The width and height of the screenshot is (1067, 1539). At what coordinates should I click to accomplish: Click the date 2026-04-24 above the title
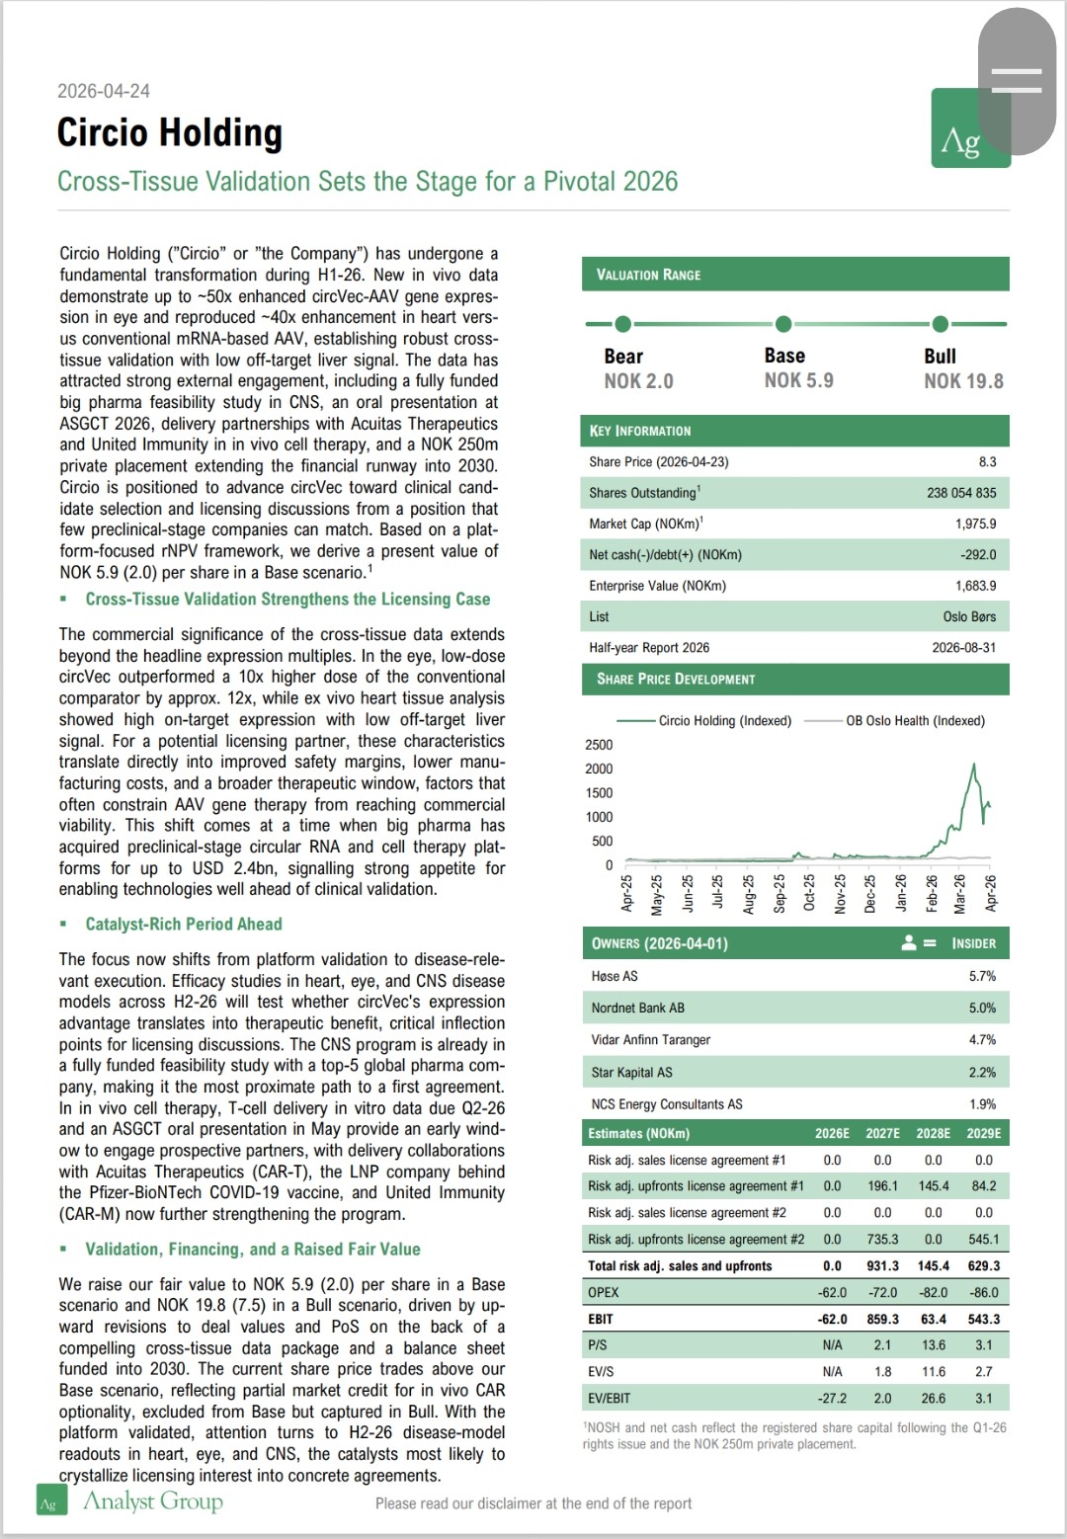104,91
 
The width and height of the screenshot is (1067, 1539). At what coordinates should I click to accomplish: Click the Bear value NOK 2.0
638,381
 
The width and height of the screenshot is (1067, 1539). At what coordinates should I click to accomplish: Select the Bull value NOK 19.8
963,381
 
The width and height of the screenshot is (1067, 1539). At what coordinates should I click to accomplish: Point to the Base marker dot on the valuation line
783,324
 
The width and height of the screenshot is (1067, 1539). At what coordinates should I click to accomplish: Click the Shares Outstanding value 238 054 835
961,493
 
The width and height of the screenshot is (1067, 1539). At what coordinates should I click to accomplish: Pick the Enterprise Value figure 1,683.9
975,586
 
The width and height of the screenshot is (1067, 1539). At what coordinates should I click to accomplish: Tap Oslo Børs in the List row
969,616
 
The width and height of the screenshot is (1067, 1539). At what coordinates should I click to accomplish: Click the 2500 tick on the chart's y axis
599,745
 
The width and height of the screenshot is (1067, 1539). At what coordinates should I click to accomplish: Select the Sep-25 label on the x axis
779,893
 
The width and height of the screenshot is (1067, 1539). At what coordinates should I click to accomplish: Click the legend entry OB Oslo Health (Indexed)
915,721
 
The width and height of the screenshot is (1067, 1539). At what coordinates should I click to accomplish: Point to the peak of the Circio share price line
974,765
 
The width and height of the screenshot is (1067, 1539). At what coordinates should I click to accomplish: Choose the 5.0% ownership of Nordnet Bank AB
982,1009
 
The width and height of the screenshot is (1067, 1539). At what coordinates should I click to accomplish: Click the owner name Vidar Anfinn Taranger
650,1040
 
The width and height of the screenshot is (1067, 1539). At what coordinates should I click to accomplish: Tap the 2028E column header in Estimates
933,1134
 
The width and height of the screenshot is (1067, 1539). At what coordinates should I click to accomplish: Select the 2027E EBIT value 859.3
882,1319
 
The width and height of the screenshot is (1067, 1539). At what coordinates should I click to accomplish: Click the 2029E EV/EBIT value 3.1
983,1399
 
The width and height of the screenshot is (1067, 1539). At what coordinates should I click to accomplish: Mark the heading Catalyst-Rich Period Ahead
184,925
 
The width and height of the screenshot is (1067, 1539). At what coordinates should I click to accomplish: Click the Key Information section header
640,431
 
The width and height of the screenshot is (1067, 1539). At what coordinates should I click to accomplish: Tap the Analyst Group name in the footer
153,1501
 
